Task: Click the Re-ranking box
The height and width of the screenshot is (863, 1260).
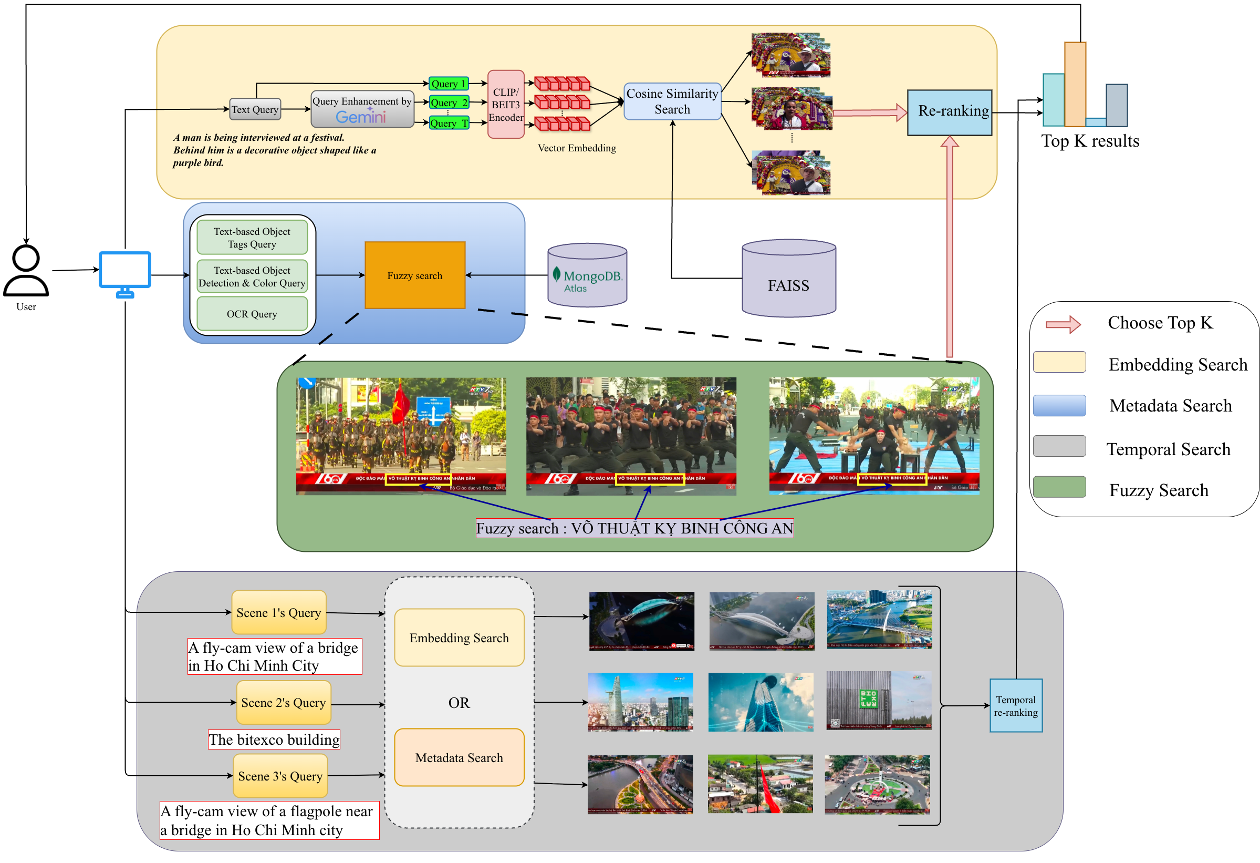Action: click(950, 112)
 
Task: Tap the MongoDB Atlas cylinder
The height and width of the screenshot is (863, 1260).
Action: click(587, 275)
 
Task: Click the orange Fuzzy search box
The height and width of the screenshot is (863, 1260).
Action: click(415, 275)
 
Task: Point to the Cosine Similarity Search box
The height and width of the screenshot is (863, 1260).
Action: click(672, 101)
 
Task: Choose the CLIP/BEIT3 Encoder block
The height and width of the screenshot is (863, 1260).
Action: click(505, 104)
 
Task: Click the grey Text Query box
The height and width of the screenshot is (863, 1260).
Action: click(255, 109)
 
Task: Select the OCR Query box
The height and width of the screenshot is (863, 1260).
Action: click(252, 314)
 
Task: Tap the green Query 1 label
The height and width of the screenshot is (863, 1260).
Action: click(449, 84)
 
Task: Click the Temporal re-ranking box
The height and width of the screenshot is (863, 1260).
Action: click(1015, 706)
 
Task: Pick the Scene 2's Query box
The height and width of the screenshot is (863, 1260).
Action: click(284, 703)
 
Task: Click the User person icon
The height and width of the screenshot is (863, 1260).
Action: click(26, 271)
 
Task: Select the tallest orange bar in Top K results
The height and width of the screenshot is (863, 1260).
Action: click(1075, 84)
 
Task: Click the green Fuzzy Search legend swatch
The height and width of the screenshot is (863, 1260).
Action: click(1059, 487)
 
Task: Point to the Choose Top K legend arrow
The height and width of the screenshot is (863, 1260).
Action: click(1063, 324)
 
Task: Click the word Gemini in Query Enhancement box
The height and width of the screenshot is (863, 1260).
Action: click(360, 117)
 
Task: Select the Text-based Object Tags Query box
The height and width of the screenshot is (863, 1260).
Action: click(252, 238)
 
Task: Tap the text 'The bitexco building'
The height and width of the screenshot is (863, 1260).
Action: click(274, 740)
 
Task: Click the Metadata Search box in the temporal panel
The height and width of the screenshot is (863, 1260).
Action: click(459, 758)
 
